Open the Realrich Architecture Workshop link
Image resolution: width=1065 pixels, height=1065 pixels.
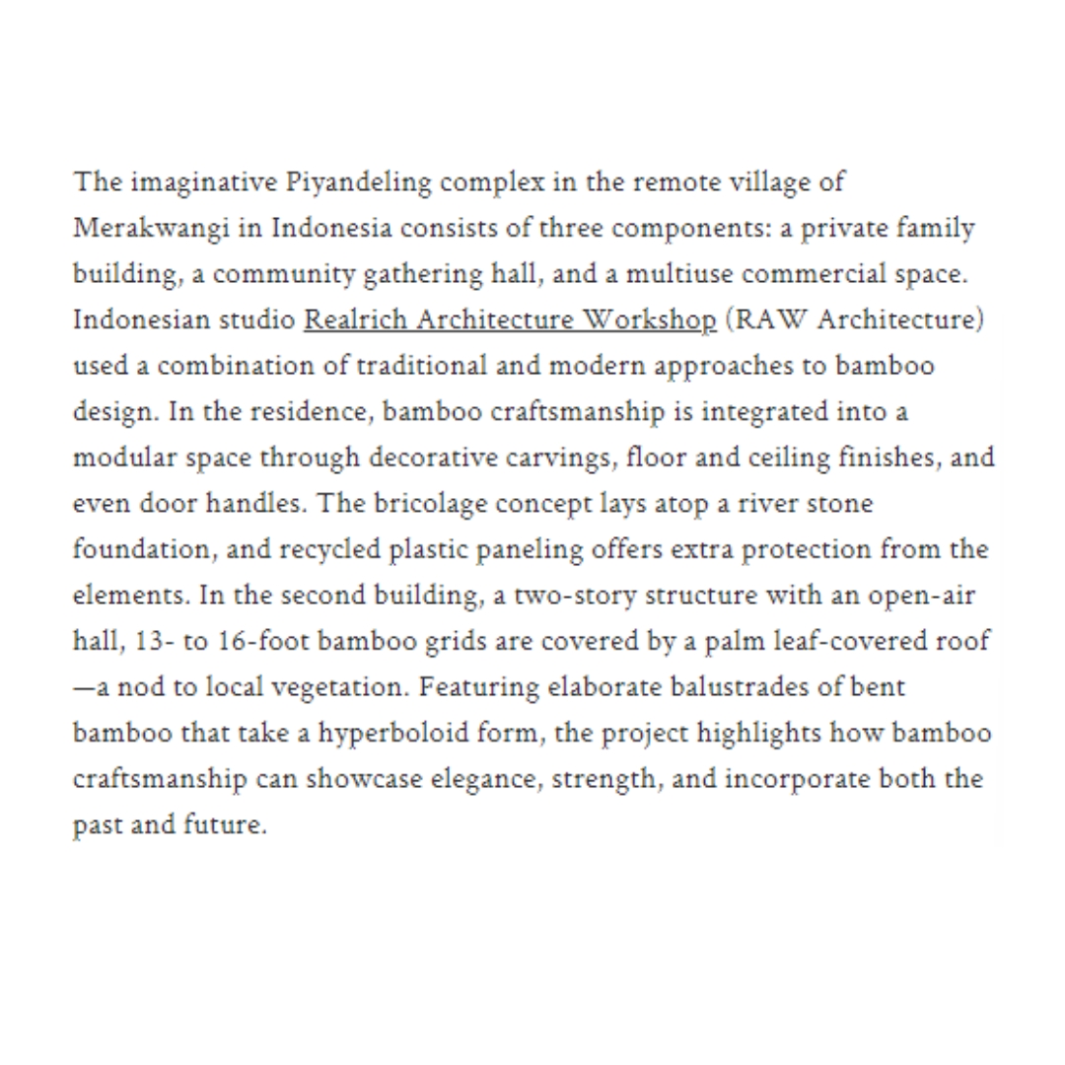pos(510,320)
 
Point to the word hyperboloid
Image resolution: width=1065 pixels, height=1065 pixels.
pos(423,732)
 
